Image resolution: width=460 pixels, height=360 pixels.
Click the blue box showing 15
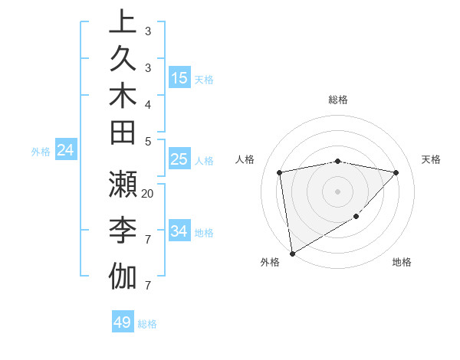[179, 78]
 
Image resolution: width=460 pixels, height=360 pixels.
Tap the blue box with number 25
[179, 160]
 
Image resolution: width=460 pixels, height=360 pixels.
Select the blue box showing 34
[179, 231]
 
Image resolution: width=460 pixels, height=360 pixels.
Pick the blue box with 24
[66, 151]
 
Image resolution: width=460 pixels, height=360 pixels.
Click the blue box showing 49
[123, 322]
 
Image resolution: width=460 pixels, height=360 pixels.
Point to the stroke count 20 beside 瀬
[148, 193]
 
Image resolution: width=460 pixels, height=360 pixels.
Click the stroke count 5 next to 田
[148, 141]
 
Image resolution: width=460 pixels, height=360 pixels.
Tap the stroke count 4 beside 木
[148, 103]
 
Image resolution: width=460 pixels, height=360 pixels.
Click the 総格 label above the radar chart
[338, 100]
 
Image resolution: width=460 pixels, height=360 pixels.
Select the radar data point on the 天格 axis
[396, 172]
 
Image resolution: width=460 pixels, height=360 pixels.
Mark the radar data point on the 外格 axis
[292, 254]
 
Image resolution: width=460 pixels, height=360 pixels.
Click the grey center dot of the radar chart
[338, 191]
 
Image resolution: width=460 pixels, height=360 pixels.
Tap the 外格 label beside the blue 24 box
[41, 152]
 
